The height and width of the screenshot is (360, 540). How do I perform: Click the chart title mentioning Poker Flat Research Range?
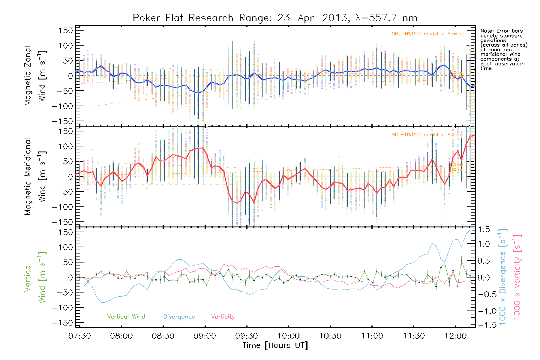coord(275,18)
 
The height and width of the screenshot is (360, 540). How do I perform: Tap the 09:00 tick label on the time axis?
coord(205,336)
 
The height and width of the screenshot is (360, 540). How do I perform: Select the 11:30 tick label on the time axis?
coord(414,336)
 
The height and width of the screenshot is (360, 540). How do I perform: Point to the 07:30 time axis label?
coord(79,336)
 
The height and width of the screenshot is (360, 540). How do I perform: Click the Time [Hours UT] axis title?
coord(275,345)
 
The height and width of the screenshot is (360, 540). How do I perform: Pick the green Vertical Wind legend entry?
coord(126,316)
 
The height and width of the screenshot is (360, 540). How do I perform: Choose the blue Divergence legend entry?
coord(179,316)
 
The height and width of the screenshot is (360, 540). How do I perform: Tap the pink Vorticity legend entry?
coord(223,316)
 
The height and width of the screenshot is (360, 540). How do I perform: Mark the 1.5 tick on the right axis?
coord(484,229)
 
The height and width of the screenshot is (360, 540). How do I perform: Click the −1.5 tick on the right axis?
coord(484,325)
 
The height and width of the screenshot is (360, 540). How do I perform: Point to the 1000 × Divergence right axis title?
coord(503,277)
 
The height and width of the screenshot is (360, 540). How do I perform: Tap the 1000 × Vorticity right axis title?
coord(517,277)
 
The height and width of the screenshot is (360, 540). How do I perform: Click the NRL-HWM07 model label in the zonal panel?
coord(427,34)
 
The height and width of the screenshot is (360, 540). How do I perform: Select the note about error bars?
coord(504,49)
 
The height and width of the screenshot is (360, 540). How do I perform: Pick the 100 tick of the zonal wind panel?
coord(66,46)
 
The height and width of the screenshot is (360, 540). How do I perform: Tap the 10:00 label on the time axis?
coord(288,336)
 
